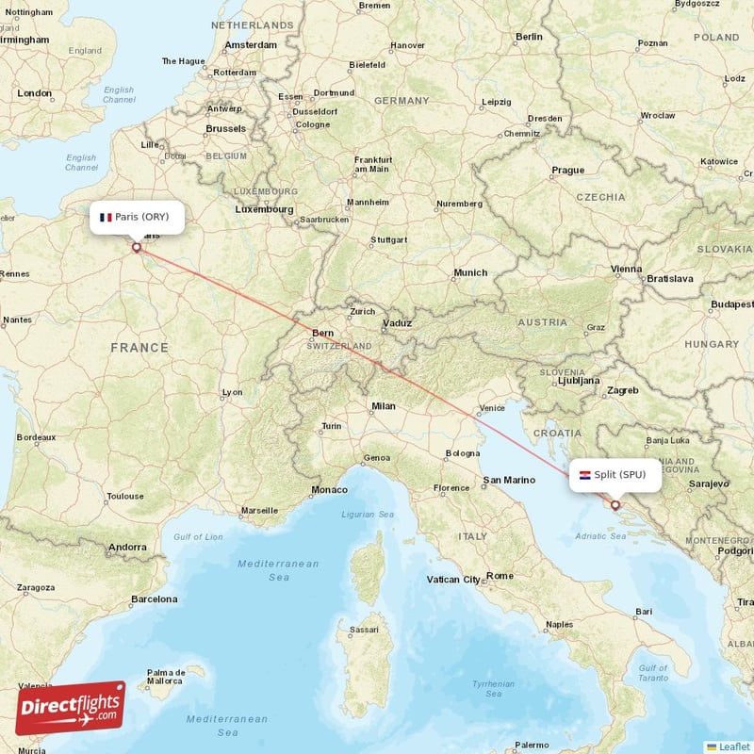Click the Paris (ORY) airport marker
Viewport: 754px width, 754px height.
click(137, 248)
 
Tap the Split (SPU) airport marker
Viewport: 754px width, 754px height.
click(615, 505)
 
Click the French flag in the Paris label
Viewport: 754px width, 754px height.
click(106, 217)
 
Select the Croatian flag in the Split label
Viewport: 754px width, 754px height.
click(584, 475)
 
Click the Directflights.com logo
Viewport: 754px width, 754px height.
click(70, 708)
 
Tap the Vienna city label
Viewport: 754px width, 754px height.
click(626, 270)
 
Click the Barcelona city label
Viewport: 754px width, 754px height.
click(154, 599)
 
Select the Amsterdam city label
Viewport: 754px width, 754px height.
click(251, 44)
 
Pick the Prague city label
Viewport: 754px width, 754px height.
click(568, 171)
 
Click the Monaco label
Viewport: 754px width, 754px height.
click(329, 490)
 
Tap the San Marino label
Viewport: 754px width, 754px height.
click(509, 481)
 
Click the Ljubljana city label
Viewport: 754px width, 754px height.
click(578, 382)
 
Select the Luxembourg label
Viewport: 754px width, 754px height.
click(264, 209)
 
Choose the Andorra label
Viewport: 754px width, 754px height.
click(127, 548)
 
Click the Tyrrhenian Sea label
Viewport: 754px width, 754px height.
click(495, 689)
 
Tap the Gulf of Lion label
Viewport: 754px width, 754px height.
click(198, 536)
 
